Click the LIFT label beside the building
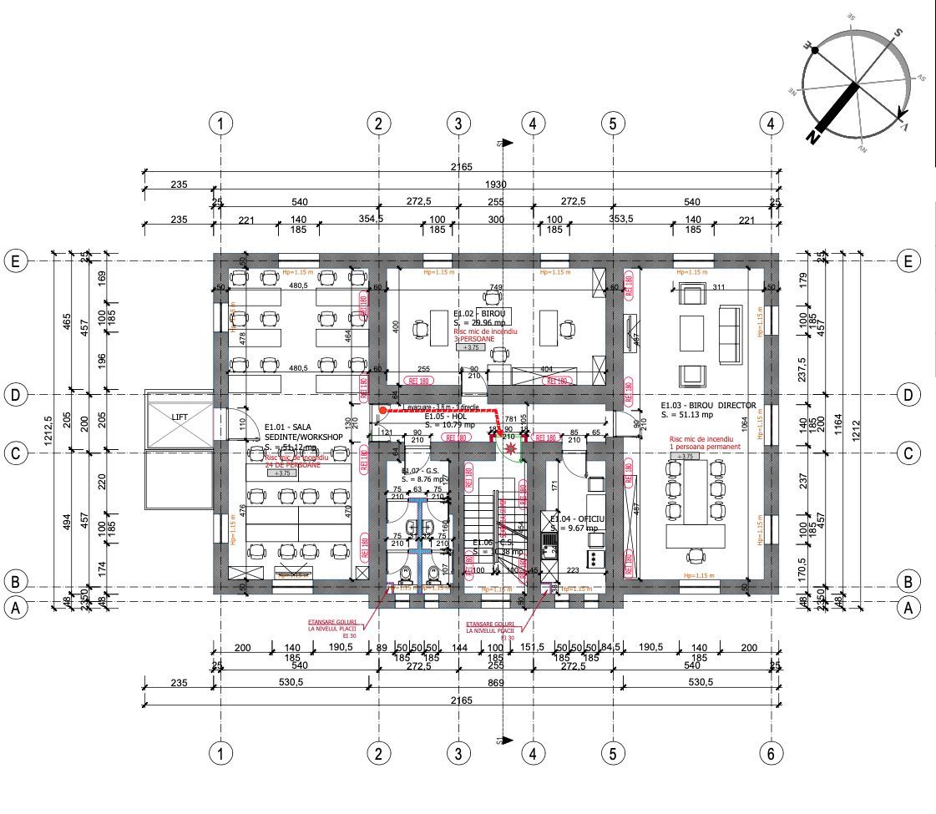180,416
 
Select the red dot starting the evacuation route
382,411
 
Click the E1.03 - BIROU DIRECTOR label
708,405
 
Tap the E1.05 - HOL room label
444,416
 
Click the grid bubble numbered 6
772,753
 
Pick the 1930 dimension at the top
493,184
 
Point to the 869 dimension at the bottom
496,682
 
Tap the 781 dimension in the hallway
498,419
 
